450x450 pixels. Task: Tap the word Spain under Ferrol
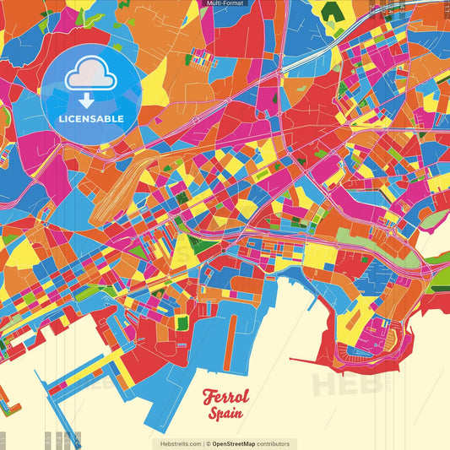[x=225, y=414]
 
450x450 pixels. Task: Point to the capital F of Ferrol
[x=209, y=398]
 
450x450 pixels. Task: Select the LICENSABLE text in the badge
[x=91, y=118]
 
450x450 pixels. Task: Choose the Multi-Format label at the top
[x=225, y=4]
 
